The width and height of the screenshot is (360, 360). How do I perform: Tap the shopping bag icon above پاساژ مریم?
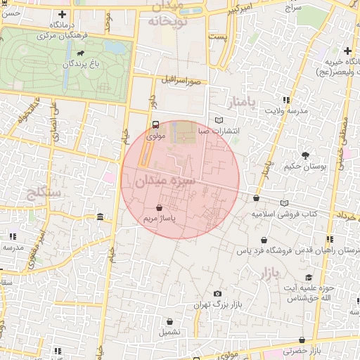coord(159,208)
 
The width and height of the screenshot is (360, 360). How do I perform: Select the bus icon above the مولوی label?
coord(155,124)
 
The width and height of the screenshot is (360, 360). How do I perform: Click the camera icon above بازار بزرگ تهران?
coord(217,294)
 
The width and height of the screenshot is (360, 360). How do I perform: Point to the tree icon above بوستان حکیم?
coord(305,155)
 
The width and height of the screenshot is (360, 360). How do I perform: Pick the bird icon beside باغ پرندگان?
coord(83,54)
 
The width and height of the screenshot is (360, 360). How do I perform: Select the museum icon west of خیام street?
coord(101,217)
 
